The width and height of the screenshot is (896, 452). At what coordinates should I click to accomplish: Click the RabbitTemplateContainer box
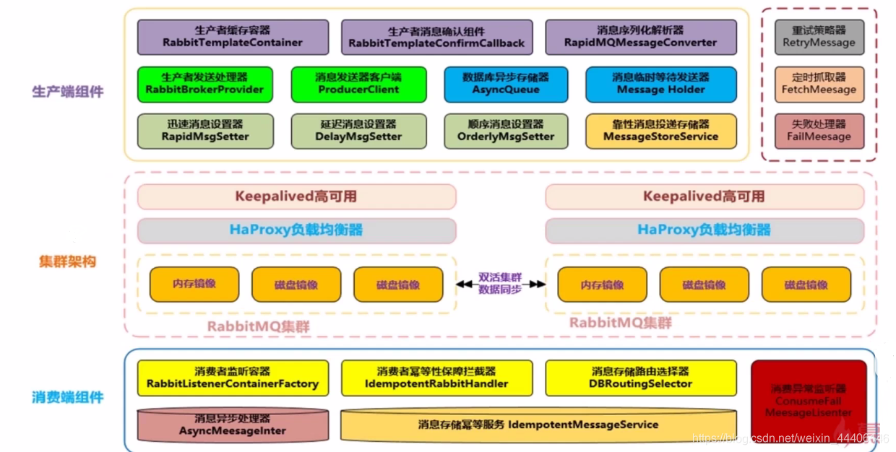pos(233,37)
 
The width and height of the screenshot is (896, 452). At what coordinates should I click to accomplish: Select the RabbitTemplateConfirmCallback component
pos(436,37)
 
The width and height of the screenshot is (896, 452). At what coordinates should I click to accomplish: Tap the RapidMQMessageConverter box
pos(641,37)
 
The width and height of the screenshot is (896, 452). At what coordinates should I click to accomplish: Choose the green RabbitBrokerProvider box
pos(205,84)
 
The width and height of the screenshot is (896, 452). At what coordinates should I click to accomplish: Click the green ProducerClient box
pos(358,84)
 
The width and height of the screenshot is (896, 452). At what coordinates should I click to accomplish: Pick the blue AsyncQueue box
pos(506,84)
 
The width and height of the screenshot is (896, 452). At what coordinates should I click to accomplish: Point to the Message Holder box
pos(660,84)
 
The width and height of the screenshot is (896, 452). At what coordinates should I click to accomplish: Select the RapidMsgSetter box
pos(205,131)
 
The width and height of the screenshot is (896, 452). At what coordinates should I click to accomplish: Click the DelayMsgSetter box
pos(358,131)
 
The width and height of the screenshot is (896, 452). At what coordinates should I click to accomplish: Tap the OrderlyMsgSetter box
pos(506,131)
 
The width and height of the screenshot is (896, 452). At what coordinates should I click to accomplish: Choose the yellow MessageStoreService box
pos(660,131)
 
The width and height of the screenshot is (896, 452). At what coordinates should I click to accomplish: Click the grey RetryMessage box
pos(819,37)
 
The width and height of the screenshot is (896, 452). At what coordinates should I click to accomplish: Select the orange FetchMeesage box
pos(819,84)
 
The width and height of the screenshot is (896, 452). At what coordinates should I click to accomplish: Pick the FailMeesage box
pos(819,131)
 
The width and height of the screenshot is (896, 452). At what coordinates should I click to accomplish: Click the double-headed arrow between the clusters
pos(500,284)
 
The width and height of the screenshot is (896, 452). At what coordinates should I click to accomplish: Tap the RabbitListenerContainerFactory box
pos(233,378)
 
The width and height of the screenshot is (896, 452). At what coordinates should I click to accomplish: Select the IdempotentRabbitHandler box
pos(436,378)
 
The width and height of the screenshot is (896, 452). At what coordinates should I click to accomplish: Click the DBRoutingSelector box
pos(641,378)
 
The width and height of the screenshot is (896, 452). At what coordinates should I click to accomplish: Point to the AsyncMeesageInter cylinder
pos(233,425)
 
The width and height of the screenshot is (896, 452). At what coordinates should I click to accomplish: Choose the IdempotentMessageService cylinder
pos(538,425)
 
